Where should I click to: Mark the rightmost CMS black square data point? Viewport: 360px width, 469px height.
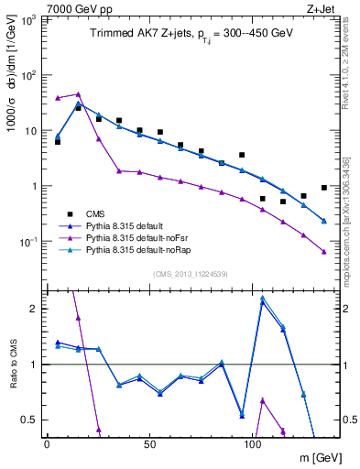(324, 188)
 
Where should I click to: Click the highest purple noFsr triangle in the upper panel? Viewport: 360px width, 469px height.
(78, 93)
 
